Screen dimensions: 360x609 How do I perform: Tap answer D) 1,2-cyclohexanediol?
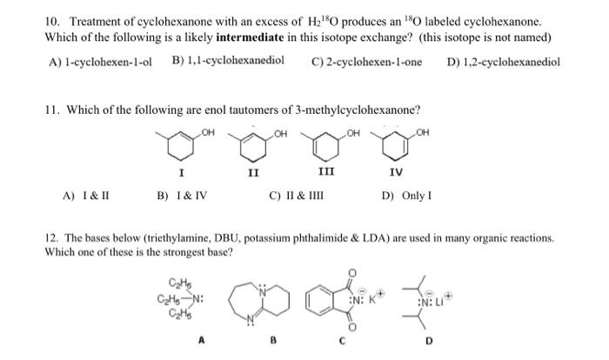(503, 62)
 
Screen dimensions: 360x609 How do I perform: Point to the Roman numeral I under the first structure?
(180, 173)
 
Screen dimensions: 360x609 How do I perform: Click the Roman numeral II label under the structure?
(252, 173)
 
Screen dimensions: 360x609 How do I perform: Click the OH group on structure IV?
(424, 133)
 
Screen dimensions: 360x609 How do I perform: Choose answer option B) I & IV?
(181, 196)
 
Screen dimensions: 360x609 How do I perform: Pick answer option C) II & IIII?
(298, 196)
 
